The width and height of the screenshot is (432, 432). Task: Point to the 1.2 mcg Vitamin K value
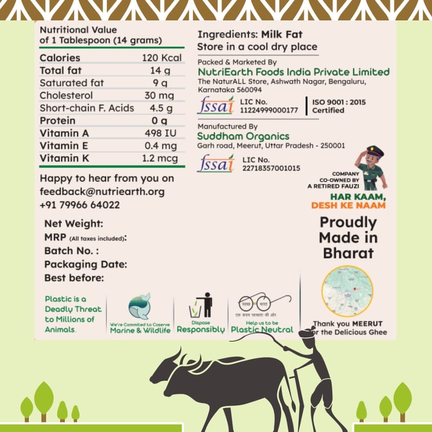(x=160, y=158)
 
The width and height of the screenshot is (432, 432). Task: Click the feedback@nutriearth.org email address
(x=102, y=192)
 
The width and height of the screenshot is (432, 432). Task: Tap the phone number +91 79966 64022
(x=80, y=205)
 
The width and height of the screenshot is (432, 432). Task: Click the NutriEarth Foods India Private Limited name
(x=293, y=72)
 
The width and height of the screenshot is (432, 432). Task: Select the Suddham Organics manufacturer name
(x=244, y=136)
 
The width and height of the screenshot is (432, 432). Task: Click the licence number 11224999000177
(x=271, y=110)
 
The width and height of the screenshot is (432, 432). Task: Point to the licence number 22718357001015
(x=271, y=168)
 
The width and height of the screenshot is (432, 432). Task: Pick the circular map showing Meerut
(x=347, y=291)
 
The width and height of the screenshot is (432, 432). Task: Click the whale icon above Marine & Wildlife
(x=139, y=306)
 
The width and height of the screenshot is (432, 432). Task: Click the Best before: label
(x=74, y=278)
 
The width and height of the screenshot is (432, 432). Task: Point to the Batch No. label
(x=71, y=251)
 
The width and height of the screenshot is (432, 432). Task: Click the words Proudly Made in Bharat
(x=348, y=238)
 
